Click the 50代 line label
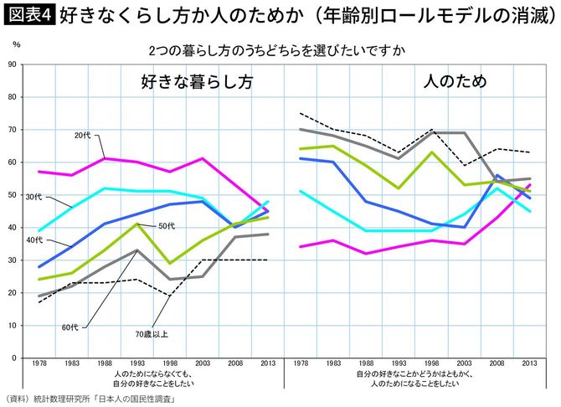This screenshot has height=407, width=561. pyautogui.click(x=166, y=226)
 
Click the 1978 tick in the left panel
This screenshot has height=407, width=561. pyautogui.click(x=39, y=365)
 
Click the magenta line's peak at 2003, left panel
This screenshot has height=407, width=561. pyautogui.click(x=203, y=158)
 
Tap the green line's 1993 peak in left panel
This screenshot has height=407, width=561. pyautogui.click(x=137, y=224)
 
